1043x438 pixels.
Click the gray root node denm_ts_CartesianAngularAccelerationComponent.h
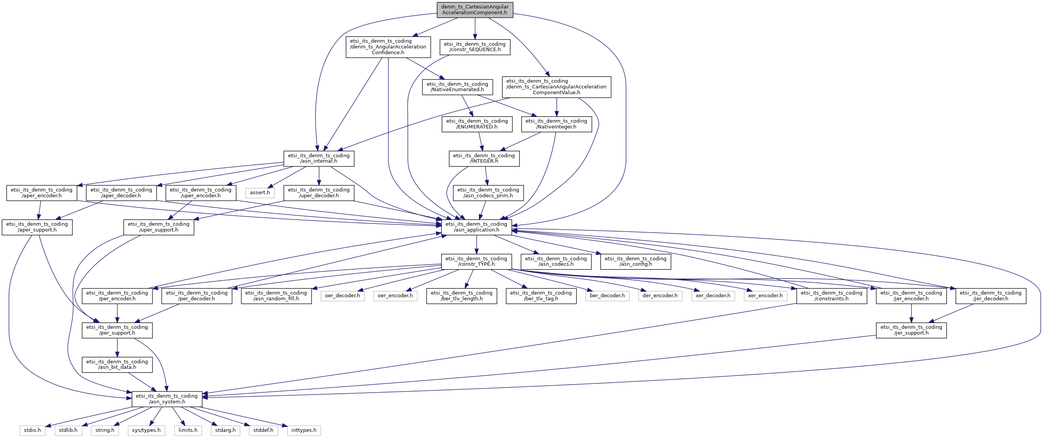pos(475,10)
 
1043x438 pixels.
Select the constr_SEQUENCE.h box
pos(475,47)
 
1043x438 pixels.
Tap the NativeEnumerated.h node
pos(457,87)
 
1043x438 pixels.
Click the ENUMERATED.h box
pos(477,124)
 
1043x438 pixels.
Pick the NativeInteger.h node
pos(556,124)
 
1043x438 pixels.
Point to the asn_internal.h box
pos(319,158)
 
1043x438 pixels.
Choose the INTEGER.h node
pos(484,158)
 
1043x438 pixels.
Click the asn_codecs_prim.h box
pos(488,193)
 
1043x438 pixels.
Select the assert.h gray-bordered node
pos(260,193)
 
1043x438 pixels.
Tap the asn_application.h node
pos(476,227)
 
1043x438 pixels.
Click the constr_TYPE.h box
pos(476,261)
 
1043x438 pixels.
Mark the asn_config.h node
pos(636,261)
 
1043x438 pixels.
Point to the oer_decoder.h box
pos(343,296)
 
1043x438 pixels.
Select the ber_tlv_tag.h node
pos(541,296)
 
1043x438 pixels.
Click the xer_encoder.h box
pos(765,296)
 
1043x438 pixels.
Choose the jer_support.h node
pos(911,330)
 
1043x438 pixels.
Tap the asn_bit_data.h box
pos(117,365)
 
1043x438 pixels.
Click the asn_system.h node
pos(167,399)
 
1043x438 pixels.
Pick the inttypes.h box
pos(304,430)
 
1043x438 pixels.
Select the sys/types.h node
pos(146,430)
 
